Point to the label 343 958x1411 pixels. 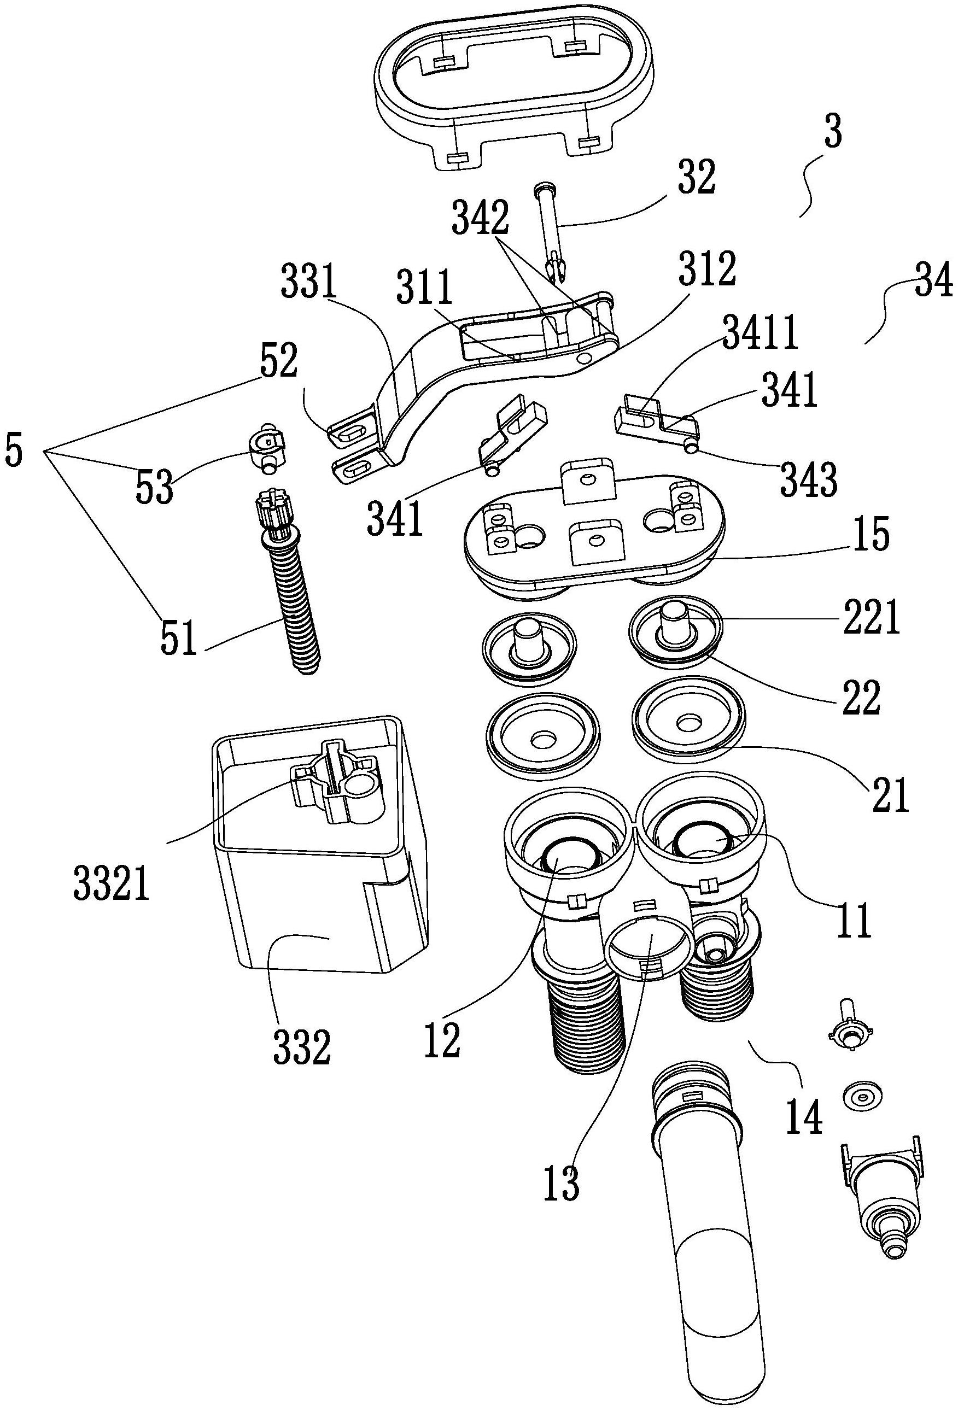809,479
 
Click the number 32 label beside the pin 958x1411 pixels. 696,178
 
